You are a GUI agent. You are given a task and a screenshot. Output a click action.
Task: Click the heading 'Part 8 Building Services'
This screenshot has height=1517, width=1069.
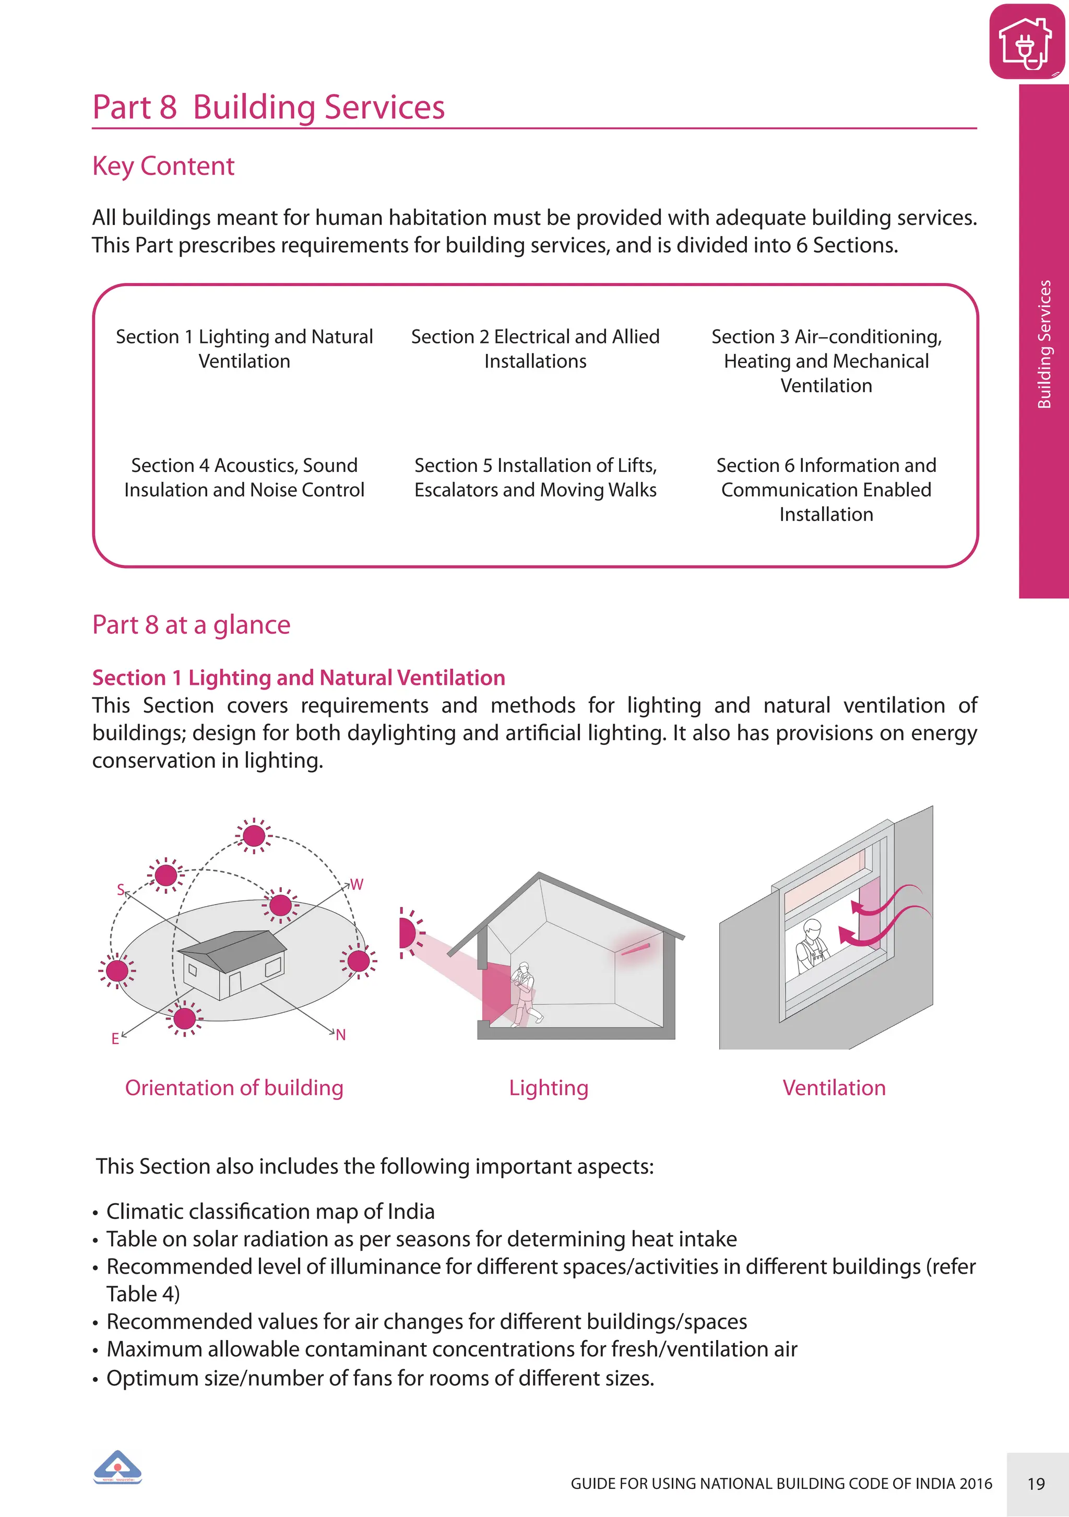tap(268, 107)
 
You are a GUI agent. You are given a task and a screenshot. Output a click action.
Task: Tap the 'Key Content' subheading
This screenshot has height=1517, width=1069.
tap(163, 166)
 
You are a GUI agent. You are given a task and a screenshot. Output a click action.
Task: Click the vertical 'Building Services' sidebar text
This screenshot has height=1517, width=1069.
tap(1044, 344)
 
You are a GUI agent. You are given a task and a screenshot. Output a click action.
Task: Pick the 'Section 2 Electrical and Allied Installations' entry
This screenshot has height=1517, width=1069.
tap(535, 349)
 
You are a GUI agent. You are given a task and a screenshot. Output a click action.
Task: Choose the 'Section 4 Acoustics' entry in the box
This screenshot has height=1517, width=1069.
tap(244, 478)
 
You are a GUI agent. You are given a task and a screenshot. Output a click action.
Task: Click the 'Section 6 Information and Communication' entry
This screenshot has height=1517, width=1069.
tap(826, 490)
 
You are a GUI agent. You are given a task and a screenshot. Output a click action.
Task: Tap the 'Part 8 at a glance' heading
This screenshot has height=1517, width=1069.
tap(191, 625)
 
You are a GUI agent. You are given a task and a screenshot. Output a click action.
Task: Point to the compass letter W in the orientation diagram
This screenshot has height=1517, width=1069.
tap(357, 884)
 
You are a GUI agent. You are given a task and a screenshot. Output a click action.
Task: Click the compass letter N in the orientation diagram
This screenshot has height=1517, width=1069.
tap(341, 1035)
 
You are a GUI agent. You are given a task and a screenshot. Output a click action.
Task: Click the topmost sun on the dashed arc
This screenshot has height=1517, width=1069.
tap(254, 836)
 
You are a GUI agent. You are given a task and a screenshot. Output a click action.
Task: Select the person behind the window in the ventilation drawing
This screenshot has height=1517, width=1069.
tap(811, 947)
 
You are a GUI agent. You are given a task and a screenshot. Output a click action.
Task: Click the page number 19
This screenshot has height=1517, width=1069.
tap(1036, 1484)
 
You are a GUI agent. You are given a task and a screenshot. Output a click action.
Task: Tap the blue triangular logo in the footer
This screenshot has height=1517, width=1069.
tap(117, 1467)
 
